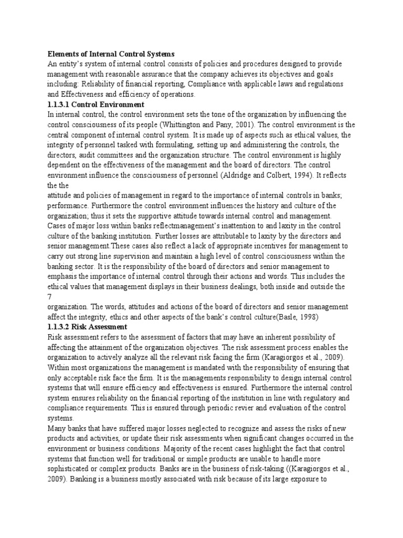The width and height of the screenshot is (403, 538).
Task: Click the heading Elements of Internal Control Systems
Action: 111,54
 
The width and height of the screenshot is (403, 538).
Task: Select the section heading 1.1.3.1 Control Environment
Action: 96,105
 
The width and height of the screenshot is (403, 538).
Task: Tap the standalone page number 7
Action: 50,296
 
